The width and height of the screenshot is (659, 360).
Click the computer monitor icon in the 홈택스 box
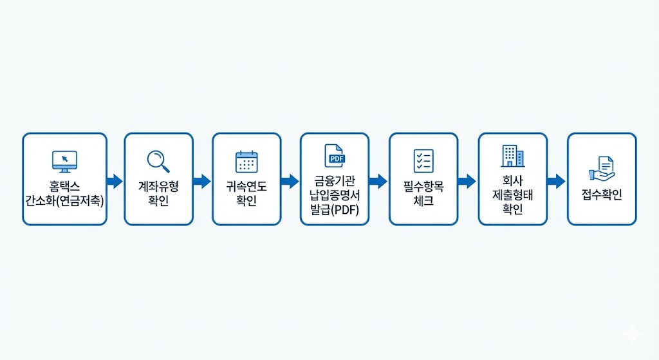pos(64,160)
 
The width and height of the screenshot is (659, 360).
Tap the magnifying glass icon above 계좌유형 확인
pos(158,161)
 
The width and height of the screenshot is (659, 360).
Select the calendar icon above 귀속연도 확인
pos(246,161)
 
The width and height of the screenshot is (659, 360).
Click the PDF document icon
pos(335,155)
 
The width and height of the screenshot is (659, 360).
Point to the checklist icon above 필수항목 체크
pos(423,161)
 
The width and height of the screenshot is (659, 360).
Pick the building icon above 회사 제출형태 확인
pos(512,156)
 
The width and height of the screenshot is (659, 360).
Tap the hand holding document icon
pos(602,167)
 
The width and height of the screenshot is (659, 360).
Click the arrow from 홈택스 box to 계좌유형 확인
pos(115,181)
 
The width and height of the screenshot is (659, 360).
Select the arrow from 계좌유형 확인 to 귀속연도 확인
pos(202,181)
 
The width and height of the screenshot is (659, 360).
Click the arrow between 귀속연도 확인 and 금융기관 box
pos(290,181)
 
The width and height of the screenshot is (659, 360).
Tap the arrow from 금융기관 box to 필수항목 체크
pos(378,181)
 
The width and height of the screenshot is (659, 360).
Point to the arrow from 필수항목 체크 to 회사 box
pos(467,181)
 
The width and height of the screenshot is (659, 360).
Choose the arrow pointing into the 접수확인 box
pos(556,181)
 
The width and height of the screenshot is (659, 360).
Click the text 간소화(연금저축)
pos(64,200)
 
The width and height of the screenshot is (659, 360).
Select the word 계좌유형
pos(158,186)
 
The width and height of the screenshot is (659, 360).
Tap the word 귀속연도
pos(246,186)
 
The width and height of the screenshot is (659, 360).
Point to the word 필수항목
pos(423,186)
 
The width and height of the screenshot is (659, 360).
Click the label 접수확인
pos(602,194)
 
